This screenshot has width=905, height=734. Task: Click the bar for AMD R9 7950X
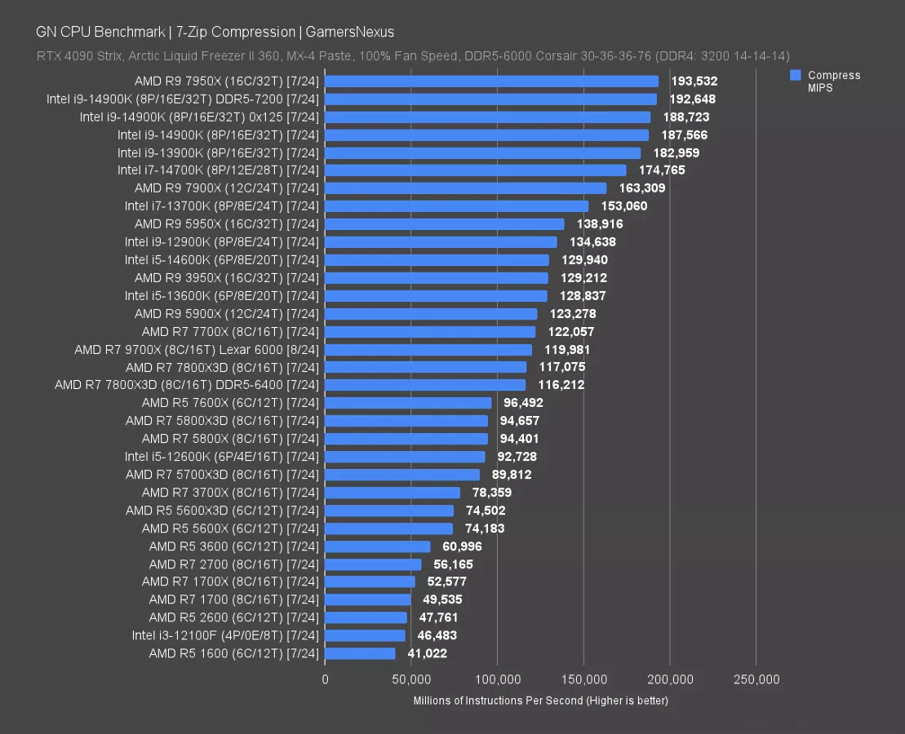pyautogui.click(x=491, y=82)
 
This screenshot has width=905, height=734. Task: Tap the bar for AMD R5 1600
pyautogui.click(x=360, y=653)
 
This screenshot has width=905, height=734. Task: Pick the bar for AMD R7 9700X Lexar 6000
pyautogui.click(x=428, y=350)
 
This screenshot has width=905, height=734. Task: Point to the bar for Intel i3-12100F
pyautogui.click(x=365, y=635)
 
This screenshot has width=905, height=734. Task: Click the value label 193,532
pyautogui.click(x=694, y=82)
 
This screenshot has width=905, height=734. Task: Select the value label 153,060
pyautogui.click(x=623, y=206)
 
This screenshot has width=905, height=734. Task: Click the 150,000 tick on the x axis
pyautogui.click(x=583, y=679)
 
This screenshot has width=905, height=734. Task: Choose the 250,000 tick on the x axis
pyautogui.click(x=756, y=679)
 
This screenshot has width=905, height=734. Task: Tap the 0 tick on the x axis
pyautogui.click(x=325, y=679)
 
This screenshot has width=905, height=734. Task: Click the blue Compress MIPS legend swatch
pyautogui.click(x=795, y=75)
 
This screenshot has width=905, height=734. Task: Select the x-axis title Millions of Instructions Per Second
pyautogui.click(x=540, y=701)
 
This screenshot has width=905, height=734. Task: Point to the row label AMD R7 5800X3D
pyautogui.click(x=222, y=421)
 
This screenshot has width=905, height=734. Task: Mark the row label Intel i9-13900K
pyautogui.click(x=218, y=153)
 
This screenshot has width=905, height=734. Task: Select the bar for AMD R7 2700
pyautogui.click(x=373, y=564)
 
